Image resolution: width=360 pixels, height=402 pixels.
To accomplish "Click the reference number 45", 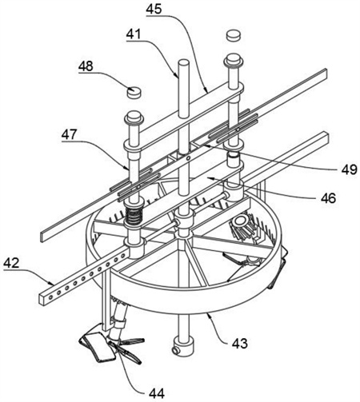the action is [x=154, y=9].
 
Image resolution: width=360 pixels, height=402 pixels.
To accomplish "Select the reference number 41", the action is [x=134, y=34].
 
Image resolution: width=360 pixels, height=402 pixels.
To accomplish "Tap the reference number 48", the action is [x=86, y=66].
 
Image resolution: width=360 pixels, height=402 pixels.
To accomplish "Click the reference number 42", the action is [x=11, y=263].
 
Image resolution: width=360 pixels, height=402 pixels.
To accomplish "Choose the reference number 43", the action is [x=240, y=344].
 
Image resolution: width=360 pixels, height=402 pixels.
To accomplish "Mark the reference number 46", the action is [x=328, y=198].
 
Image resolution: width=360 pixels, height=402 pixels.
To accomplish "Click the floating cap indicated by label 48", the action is [x=134, y=92].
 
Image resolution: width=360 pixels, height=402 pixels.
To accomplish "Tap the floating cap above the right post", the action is [x=234, y=35].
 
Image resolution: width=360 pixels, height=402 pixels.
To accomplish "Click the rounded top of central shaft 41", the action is [x=184, y=63].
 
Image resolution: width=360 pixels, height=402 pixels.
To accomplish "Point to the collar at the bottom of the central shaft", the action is [x=183, y=347].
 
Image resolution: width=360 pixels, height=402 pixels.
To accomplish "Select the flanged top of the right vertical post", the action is [x=234, y=61].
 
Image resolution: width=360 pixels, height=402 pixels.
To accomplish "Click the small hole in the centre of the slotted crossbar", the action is [x=189, y=158].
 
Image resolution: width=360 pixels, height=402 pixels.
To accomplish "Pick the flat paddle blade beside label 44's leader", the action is [x=97, y=346].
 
